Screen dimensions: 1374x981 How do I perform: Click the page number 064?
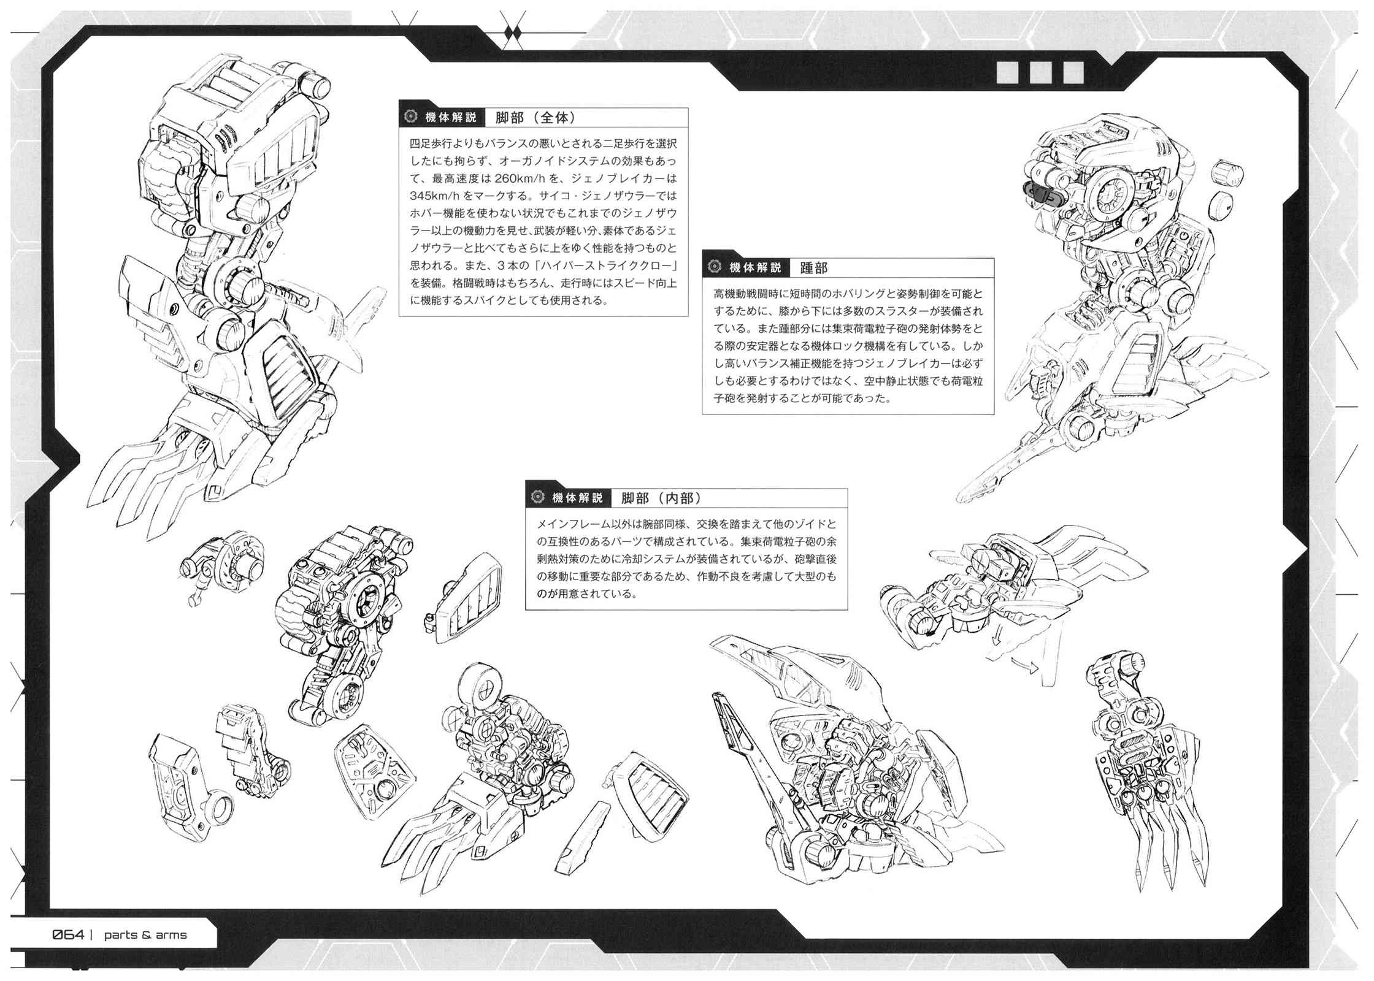(68, 935)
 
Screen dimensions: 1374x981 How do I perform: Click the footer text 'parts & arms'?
(145, 935)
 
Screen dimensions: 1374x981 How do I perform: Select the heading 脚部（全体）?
(535, 117)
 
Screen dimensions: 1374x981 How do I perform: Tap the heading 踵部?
(813, 268)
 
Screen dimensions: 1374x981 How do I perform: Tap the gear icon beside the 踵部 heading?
(714, 267)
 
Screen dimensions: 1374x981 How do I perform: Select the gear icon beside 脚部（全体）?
(410, 117)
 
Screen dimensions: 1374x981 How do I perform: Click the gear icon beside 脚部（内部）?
(537, 498)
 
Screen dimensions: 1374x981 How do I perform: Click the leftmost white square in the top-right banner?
(1008, 72)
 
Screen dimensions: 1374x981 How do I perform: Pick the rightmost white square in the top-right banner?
(1073, 72)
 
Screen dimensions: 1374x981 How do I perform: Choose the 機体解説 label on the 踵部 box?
(755, 268)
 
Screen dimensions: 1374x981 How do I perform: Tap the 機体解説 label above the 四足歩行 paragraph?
(451, 117)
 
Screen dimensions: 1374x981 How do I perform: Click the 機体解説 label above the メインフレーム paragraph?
(578, 498)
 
